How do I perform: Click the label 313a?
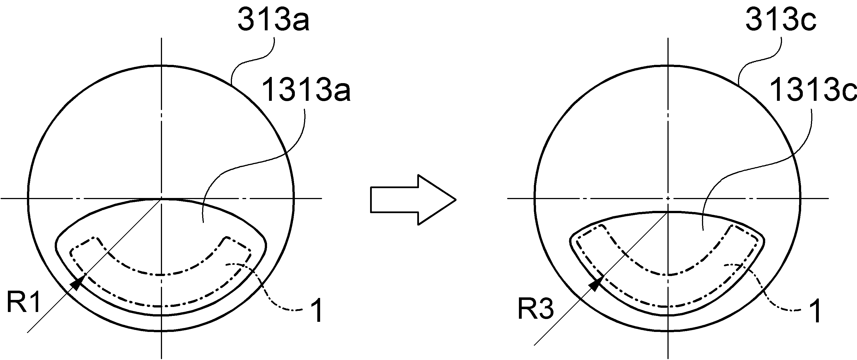point(273,20)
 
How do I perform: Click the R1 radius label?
point(23,302)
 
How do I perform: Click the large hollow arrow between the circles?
point(413,200)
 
